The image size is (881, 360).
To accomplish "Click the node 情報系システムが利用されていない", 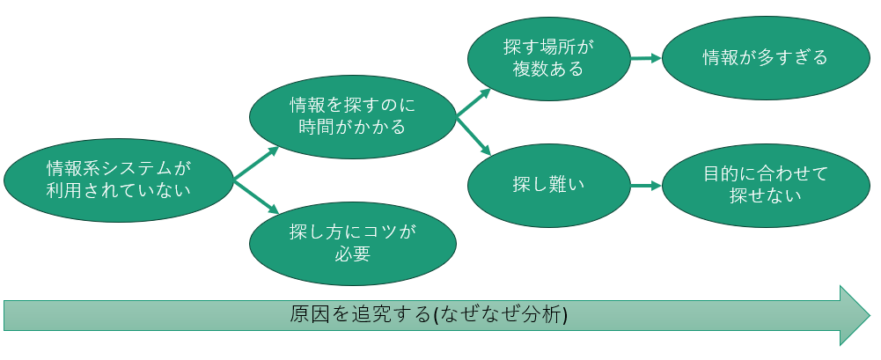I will coord(119,179).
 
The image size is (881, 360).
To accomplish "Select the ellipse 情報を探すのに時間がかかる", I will coord(352,116).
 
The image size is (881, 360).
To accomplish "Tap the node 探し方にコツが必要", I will coord(352,243).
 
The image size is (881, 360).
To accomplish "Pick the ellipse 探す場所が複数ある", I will coord(548,57).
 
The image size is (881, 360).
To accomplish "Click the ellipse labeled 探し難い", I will coord(548,185).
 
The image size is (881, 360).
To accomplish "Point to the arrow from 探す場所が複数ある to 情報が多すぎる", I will coord(645,58).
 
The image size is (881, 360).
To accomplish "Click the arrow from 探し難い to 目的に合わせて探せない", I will coord(645,186).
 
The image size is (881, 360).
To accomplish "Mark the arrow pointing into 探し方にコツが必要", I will coord(256,197).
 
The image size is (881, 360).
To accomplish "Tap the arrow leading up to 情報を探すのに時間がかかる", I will coord(256,164).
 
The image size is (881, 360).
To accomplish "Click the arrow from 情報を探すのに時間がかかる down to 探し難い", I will coord(473,135).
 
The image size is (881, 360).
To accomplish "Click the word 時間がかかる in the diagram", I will coord(352,128).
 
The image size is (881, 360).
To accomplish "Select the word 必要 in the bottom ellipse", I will coord(352,254).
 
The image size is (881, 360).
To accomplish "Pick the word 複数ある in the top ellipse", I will coord(548,69).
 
